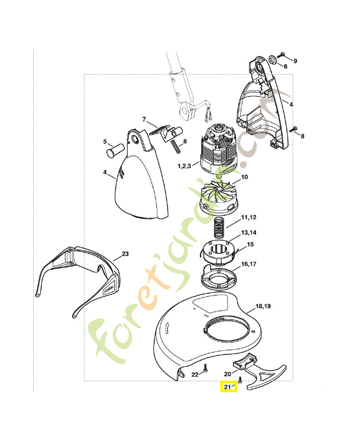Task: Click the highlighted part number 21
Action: click(227, 387)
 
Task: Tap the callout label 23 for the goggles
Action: click(125, 254)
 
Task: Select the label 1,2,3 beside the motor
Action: click(184, 166)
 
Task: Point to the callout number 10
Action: click(245, 177)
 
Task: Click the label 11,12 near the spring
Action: click(248, 217)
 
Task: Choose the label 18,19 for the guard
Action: click(263, 306)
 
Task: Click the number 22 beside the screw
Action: click(195, 375)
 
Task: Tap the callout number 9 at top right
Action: click(295, 61)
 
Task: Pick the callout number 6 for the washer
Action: click(285, 66)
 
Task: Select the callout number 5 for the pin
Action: click(105, 141)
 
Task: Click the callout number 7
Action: click(144, 119)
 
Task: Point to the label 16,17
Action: click(248, 264)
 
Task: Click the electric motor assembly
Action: click(217, 149)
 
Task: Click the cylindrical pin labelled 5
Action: click(115, 149)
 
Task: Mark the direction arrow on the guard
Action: click(167, 328)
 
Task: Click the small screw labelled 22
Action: click(205, 368)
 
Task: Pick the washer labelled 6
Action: click(273, 60)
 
